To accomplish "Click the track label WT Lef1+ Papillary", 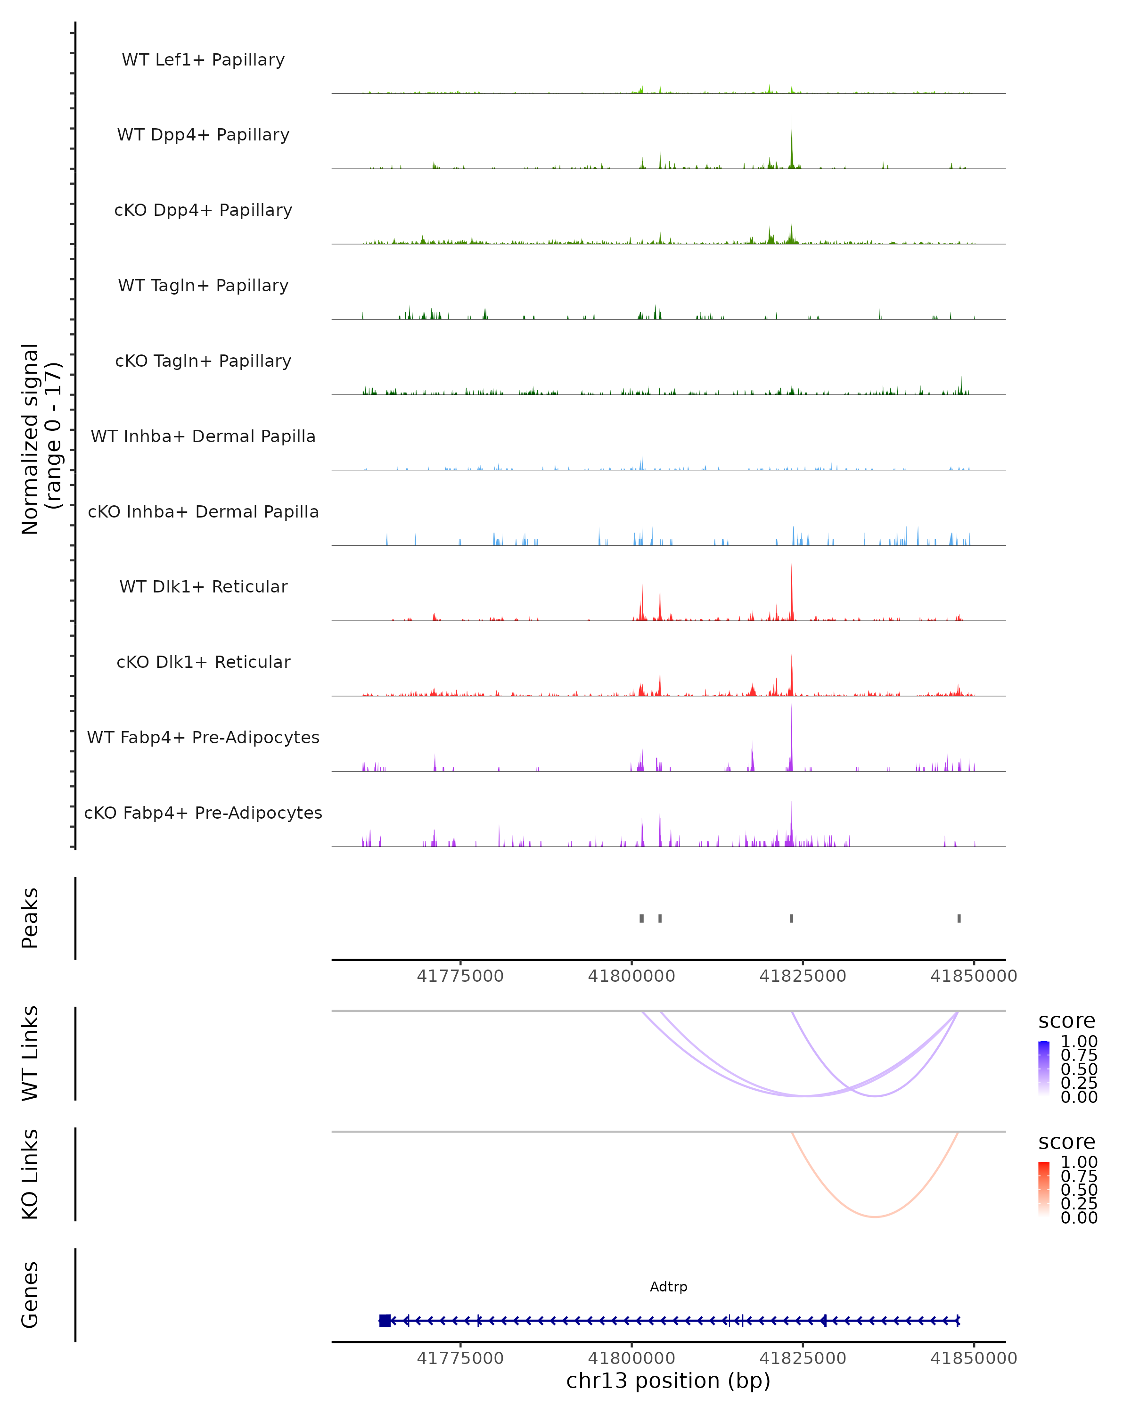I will tap(203, 60).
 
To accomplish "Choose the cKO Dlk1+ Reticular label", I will tap(203, 662).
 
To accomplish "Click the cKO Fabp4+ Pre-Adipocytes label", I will tap(203, 813).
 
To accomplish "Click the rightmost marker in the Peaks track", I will tap(959, 918).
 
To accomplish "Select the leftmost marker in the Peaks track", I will tap(641, 918).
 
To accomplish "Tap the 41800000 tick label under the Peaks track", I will tap(631, 976).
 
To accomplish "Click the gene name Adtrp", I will tap(668, 1287).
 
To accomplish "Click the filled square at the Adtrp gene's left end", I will tap(385, 1320).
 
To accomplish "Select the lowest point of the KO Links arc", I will tap(875, 1217).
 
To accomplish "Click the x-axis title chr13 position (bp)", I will tap(668, 1381).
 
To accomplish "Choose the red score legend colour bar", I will tap(1044, 1189).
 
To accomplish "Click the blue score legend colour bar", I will tap(1044, 1069).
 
